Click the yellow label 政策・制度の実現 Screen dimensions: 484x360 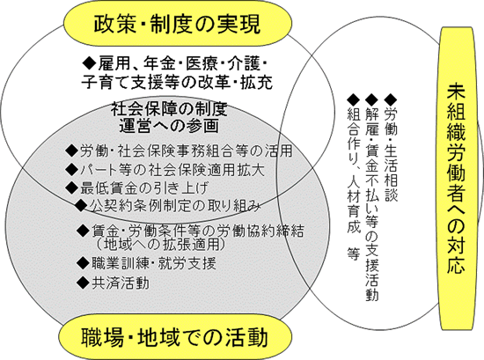pyautogui.click(x=178, y=24)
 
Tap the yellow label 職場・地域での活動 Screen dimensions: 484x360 pyautogui.click(x=175, y=337)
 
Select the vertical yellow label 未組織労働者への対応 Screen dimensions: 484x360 pyautogui.click(x=456, y=179)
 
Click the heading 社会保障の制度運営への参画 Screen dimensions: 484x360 pyautogui.click(x=169, y=118)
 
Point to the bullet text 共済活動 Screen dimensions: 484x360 pyautogui.click(x=121, y=283)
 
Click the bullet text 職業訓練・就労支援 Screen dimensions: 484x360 pyautogui.click(x=153, y=263)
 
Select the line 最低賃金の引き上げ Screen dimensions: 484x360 pyautogui.click(x=144, y=187)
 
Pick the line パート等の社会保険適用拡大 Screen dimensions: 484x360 pyautogui.click(x=172, y=170)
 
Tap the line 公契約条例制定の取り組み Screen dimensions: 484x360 pyautogui.click(x=175, y=206)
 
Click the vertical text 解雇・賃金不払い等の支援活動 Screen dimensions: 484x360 pyautogui.click(x=372, y=204)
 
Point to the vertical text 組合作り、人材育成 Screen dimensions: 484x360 pyautogui.click(x=354, y=171)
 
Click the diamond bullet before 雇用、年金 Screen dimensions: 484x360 pyautogui.click(x=90, y=63)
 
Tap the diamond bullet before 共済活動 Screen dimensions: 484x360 pyautogui.click(x=83, y=283)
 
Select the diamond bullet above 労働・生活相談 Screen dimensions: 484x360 pyautogui.click(x=391, y=100)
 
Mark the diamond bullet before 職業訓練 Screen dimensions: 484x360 pyautogui.click(x=83, y=263)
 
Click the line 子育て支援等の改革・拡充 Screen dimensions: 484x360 pyautogui.click(x=177, y=83)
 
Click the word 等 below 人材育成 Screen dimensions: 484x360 pyautogui.click(x=354, y=253)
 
